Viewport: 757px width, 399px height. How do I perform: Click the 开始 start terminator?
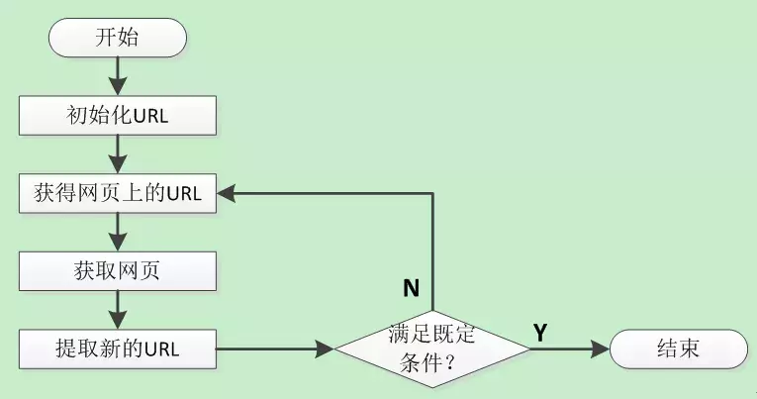click(118, 38)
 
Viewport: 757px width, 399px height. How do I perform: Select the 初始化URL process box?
click(118, 116)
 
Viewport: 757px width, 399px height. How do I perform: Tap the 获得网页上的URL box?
click(118, 193)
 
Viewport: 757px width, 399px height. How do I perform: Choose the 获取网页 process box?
click(118, 271)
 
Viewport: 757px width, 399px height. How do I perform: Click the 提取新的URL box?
click(118, 349)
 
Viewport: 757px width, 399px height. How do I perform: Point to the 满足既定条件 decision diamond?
click(432, 349)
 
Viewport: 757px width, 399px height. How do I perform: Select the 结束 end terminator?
click(679, 349)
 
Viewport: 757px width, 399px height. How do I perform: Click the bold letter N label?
click(412, 288)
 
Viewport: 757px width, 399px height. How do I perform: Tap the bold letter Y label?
click(540, 333)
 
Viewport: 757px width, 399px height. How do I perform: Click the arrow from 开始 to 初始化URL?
click(118, 76)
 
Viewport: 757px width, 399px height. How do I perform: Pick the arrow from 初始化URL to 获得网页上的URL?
click(118, 154)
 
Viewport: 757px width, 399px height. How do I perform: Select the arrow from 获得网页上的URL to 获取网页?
click(118, 233)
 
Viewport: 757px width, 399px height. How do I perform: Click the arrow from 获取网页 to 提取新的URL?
click(118, 310)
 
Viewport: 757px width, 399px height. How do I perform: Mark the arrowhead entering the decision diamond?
click(325, 349)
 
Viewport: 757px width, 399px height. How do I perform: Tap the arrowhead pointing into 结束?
click(601, 349)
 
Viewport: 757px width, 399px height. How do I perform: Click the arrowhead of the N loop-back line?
click(226, 193)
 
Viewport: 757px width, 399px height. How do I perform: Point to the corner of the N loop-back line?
click(432, 193)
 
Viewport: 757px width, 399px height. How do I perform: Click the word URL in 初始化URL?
click(150, 117)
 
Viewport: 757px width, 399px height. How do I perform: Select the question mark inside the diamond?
click(450, 363)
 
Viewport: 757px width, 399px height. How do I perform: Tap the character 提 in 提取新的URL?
click(64, 349)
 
